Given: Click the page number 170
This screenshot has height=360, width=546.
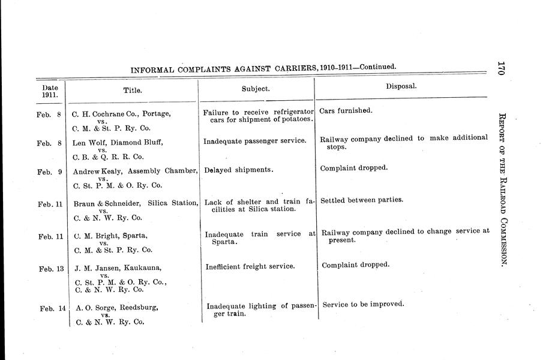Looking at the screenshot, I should pos(502,63).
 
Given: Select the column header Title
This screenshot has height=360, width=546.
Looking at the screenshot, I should pos(132,90).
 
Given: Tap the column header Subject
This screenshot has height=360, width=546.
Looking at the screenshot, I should pos(256,88).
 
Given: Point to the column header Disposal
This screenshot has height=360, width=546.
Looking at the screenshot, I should pos(401,86).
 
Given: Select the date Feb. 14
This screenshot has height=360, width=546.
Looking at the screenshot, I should pos(53,309).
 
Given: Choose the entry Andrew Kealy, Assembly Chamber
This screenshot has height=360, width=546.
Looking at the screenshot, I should pos(135,171).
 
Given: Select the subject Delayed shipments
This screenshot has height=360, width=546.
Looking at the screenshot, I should pos(239,170).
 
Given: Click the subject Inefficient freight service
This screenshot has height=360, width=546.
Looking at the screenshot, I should pos(250,266).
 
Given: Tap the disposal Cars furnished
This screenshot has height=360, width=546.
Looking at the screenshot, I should pos(346,111).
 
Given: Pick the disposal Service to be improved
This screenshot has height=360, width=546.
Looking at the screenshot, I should pos(363,304).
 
